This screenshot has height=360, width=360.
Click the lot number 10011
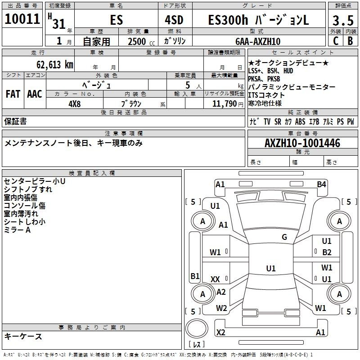pos(22,19)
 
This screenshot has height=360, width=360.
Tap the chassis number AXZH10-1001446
pos(302,143)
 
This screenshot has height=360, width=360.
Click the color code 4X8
pos(74,103)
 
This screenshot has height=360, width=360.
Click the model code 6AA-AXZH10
pos(258,41)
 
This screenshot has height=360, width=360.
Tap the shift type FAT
pos(13,94)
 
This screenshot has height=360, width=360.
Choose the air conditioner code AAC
pos(35,94)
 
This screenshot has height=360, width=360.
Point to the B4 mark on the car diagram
pos(321,184)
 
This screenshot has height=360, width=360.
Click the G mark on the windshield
pos(284,237)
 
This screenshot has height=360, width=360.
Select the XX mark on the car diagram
pos(215,279)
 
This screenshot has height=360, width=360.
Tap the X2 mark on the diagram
pos(220,332)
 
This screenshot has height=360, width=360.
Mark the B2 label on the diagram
pos(327,252)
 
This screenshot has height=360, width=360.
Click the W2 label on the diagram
pos(221,308)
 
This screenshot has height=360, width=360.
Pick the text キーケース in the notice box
pos(23,336)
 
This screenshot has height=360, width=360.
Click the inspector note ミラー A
pos(17,230)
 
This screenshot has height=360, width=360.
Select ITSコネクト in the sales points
pos(266,95)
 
